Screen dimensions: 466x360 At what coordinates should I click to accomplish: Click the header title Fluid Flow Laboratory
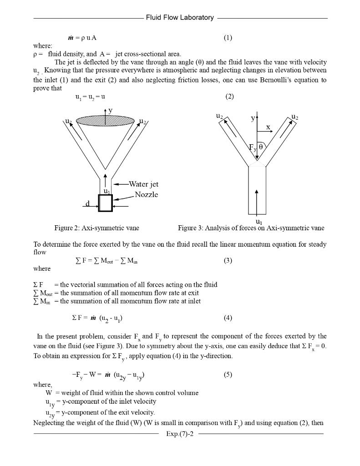coord(180,18)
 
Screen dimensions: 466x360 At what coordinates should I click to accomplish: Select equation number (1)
coord(228,38)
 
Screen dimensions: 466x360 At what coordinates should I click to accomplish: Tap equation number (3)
coord(228,261)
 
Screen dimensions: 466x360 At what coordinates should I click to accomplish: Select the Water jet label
coord(143,184)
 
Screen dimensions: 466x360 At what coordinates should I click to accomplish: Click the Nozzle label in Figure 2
coord(146,195)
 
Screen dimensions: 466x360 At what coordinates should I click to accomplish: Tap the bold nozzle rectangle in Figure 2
coord(105,203)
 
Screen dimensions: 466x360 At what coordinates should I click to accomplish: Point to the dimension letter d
coord(87,203)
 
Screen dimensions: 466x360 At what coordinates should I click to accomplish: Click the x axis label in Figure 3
coord(268,127)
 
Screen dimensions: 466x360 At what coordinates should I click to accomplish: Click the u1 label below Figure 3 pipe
coord(259,222)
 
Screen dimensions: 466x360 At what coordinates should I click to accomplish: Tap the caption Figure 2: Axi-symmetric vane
coord(96,228)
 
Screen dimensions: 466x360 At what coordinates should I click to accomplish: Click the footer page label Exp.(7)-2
coord(180,434)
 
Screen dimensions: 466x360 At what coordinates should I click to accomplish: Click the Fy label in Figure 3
coord(252,147)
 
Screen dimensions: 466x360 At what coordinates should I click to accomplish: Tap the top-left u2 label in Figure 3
coord(219,117)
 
